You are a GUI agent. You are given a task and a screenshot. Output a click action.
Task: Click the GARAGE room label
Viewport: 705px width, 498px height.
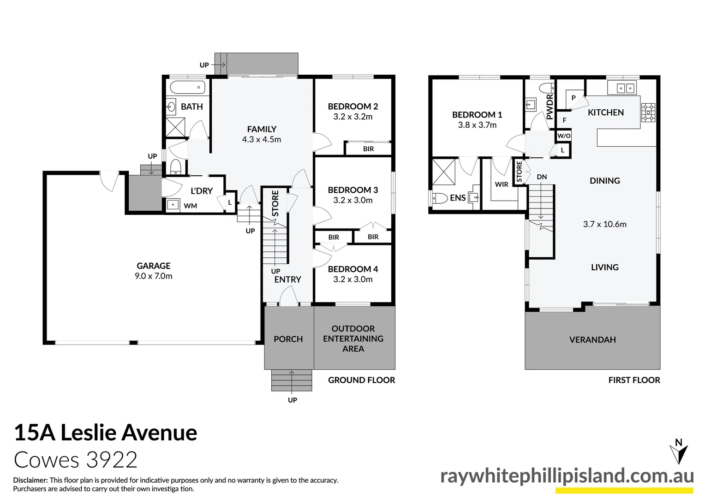click(153, 266)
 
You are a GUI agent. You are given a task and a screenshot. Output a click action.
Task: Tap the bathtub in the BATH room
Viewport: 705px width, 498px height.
click(187, 87)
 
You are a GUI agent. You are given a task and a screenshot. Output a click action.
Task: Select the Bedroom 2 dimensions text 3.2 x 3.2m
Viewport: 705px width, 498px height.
click(353, 117)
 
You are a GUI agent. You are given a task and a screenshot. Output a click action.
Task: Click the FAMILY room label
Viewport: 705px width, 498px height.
click(262, 129)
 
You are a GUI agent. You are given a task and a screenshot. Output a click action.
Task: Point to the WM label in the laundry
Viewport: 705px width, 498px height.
click(190, 206)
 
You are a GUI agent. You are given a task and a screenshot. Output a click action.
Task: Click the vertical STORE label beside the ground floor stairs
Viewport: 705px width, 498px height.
click(275, 203)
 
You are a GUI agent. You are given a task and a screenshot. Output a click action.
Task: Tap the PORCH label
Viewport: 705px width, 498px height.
click(288, 339)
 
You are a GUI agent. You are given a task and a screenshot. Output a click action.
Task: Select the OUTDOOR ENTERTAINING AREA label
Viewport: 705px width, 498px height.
click(353, 338)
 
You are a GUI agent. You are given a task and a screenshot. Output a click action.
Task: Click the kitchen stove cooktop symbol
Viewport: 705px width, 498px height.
click(648, 113)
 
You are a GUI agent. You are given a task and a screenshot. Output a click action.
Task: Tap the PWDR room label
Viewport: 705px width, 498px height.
click(550, 107)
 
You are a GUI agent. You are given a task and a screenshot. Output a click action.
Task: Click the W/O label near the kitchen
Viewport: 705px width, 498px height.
click(564, 136)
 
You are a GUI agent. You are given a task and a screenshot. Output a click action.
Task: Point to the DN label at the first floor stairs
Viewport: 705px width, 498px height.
click(542, 177)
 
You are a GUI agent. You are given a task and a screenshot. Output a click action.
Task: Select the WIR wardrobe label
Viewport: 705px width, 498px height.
click(502, 184)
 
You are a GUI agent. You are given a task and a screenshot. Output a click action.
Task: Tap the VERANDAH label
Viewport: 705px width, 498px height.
click(592, 340)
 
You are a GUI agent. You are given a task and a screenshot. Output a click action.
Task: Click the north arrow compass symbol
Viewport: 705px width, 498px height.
click(678, 451)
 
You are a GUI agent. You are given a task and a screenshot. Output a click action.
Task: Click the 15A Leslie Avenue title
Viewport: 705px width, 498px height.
click(106, 433)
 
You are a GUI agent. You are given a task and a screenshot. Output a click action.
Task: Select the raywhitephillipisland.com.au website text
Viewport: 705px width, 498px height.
click(567, 476)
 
